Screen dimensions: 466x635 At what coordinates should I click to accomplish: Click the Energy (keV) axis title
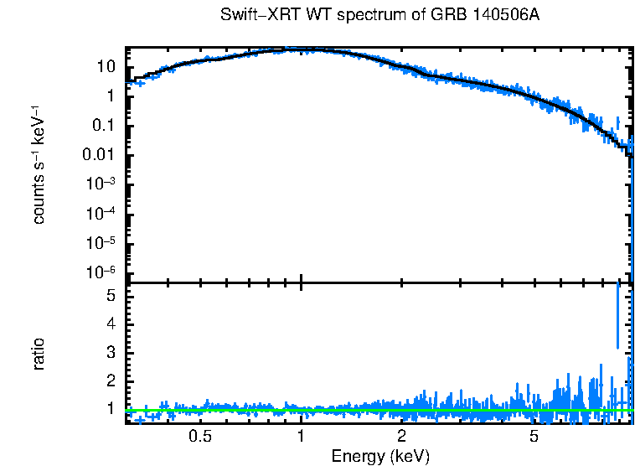(380, 456)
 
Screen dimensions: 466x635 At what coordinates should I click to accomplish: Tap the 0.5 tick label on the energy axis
(199, 436)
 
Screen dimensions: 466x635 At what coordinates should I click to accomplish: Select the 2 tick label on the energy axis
(402, 436)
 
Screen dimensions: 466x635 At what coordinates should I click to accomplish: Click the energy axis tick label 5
(534, 436)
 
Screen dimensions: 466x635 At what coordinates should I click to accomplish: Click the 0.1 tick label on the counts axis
(104, 126)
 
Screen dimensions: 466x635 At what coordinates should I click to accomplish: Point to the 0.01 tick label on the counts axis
(101, 155)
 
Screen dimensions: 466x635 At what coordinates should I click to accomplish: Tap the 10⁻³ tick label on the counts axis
(102, 184)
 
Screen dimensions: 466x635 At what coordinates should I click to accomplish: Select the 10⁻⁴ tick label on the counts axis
(102, 213)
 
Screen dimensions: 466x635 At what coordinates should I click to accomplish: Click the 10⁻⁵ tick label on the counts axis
(102, 242)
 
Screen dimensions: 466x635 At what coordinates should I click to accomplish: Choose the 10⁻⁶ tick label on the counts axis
(102, 272)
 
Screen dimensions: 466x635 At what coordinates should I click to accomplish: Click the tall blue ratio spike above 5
(618, 314)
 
